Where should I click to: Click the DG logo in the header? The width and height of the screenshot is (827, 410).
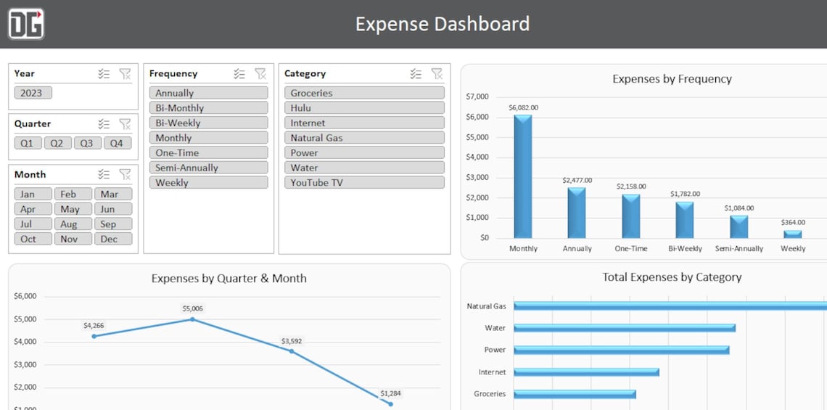(x=26, y=23)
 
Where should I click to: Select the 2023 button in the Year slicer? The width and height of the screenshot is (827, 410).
(x=32, y=93)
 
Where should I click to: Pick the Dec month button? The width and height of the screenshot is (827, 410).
(x=113, y=239)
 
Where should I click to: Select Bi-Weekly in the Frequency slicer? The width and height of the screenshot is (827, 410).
(x=208, y=123)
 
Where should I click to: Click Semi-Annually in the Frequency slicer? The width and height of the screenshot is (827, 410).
(x=208, y=168)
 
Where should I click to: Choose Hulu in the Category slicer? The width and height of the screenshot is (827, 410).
(x=361, y=108)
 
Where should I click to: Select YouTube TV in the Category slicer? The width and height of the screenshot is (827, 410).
(x=361, y=183)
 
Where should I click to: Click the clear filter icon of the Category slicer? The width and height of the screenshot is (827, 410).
(x=437, y=73)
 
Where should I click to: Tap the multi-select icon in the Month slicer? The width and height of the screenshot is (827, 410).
(x=104, y=174)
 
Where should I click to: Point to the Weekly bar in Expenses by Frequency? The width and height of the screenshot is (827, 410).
(x=792, y=234)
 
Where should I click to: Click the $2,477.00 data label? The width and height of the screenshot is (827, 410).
(x=577, y=180)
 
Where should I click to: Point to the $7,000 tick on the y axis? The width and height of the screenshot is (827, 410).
(x=477, y=97)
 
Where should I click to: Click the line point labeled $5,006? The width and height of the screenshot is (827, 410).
(x=192, y=319)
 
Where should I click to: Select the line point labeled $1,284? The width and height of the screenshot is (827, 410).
(x=390, y=403)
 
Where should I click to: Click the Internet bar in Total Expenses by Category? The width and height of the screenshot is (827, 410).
(x=586, y=372)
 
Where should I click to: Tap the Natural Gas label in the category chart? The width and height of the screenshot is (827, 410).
(x=486, y=306)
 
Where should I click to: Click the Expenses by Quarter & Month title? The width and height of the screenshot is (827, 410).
(x=229, y=278)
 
